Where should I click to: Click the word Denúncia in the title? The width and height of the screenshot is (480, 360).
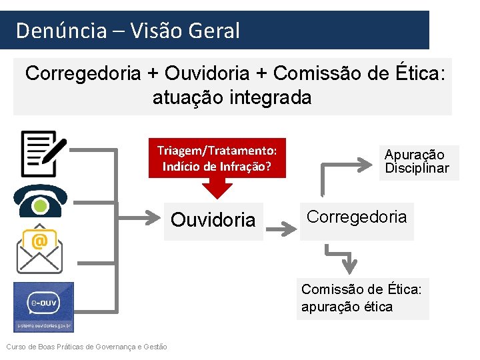coord(61,31)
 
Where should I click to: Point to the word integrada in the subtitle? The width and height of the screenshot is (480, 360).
coord(272,98)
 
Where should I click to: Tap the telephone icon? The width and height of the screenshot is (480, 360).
coord(39,202)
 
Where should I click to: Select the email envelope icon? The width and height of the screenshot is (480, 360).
coord(39,251)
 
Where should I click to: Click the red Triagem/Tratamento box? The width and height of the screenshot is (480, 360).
coord(217,158)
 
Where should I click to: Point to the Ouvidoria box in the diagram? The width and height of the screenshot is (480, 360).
coord(213,220)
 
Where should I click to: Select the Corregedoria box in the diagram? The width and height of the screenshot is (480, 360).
coord(357,218)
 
